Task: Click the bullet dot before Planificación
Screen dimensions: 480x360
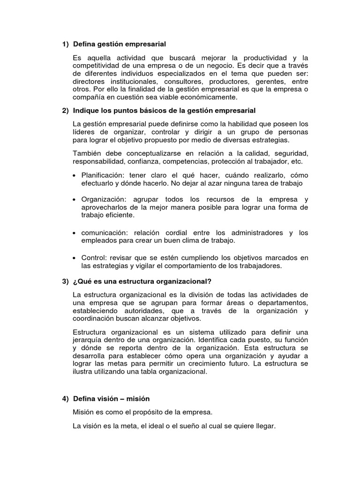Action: (75, 175)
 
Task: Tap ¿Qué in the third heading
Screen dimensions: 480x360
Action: (80, 281)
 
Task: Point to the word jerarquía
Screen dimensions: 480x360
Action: (88, 339)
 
